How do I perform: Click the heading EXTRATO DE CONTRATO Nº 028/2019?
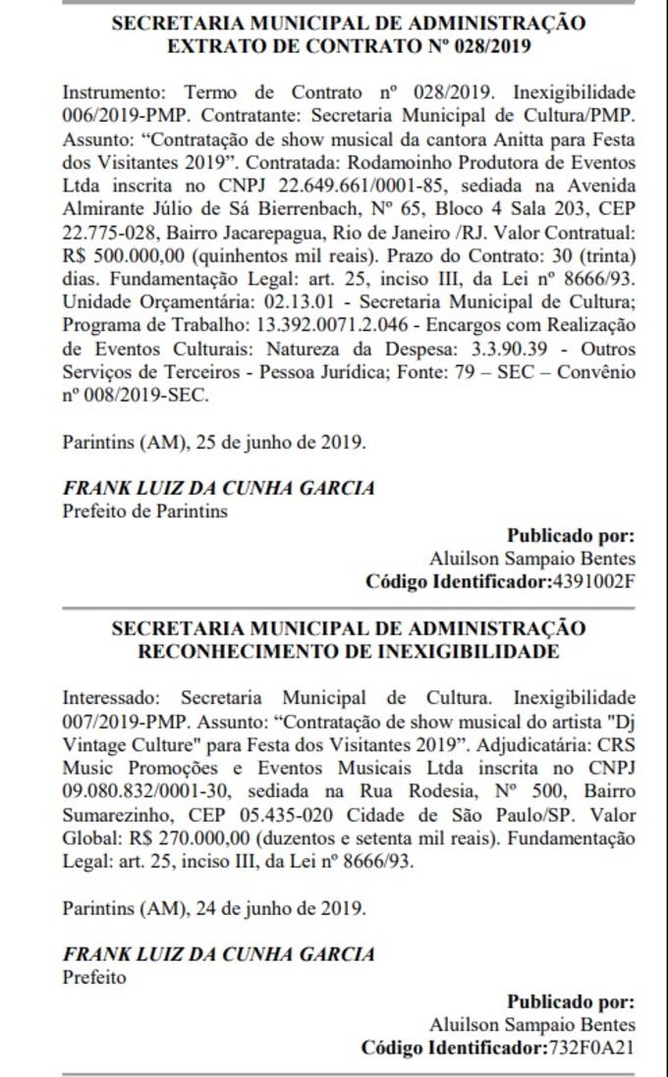pyautogui.click(x=349, y=45)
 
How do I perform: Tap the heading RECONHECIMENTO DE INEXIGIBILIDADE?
pyautogui.click(x=349, y=651)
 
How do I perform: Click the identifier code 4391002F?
pyautogui.click(x=591, y=581)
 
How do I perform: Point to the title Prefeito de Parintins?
pyautogui.click(x=144, y=511)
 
